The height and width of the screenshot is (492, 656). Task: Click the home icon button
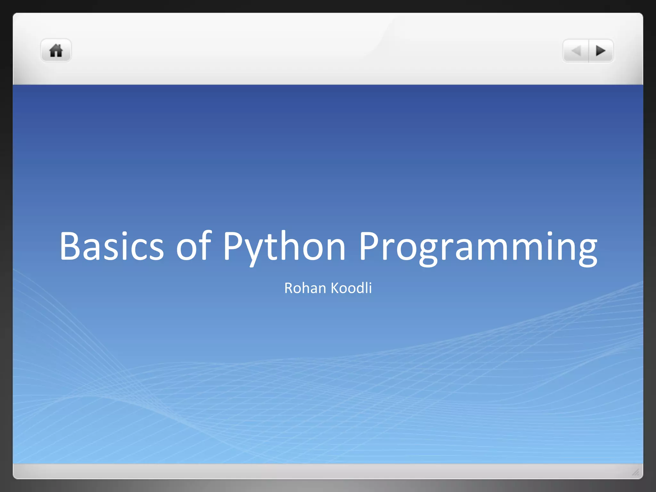(x=56, y=51)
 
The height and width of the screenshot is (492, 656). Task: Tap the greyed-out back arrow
(x=576, y=51)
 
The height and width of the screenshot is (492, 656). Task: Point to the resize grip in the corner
(x=635, y=472)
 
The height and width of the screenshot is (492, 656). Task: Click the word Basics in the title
(x=111, y=246)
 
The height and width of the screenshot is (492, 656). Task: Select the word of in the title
(x=194, y=246)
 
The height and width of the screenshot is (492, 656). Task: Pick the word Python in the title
(x=284, y=246)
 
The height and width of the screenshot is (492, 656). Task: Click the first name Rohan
(x=305, y=288)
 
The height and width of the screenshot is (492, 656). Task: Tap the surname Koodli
(x=351, y=288)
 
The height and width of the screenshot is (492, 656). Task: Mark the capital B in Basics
(x=70, y=246)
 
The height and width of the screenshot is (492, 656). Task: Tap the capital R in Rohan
(x=289, y=288)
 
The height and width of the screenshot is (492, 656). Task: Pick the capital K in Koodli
(x=335, y=288)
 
